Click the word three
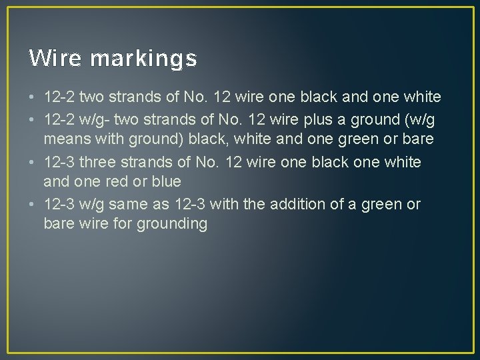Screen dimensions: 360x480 click(x=100, y=161)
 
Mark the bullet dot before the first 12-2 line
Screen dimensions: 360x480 click(x=32, y=98)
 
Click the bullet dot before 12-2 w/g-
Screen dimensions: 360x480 click(x=32, y=119)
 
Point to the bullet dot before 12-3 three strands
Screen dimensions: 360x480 click(x=32, y=162)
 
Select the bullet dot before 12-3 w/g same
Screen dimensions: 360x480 click(x=32, y=205)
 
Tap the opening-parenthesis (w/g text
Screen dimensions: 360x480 click(x=422, y=119)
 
